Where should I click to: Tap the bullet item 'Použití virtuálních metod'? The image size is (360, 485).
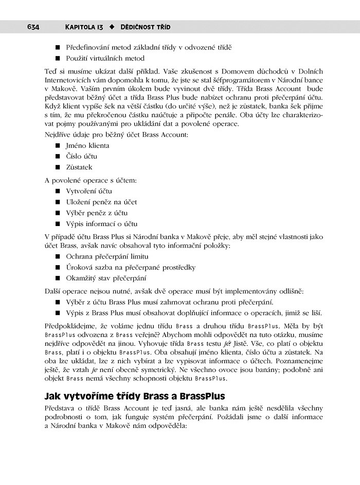click(105, 58)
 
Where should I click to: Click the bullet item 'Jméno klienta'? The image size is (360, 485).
click(87, 145)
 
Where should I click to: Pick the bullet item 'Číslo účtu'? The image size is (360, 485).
click(81, 156)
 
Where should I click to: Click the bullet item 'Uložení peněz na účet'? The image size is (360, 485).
click(101, 202)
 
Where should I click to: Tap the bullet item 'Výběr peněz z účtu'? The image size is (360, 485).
click(96, 213)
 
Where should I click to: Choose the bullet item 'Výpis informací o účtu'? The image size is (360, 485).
click(101, 223)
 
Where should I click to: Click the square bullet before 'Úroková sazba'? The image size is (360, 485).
click(59, 268)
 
